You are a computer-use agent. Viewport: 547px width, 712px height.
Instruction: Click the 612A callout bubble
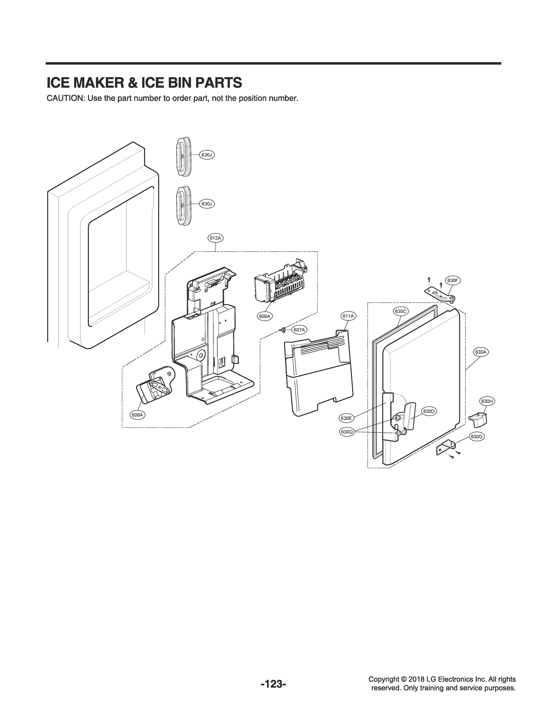[215, 238]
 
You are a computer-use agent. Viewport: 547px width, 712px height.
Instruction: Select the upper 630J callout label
[207, 155]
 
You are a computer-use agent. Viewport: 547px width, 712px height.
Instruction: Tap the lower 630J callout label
[207, 204]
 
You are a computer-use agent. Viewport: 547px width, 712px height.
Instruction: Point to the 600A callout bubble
[265, 316]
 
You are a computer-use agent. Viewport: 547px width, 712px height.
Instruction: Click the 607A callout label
[299, 330]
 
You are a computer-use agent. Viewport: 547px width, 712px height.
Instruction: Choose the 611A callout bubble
[348, 316]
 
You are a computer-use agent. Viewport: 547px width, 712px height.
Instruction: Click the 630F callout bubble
[453, 281]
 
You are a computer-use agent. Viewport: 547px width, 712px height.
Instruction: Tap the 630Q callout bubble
[347, 432]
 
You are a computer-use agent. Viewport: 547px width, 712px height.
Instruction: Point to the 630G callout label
[476, 437]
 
